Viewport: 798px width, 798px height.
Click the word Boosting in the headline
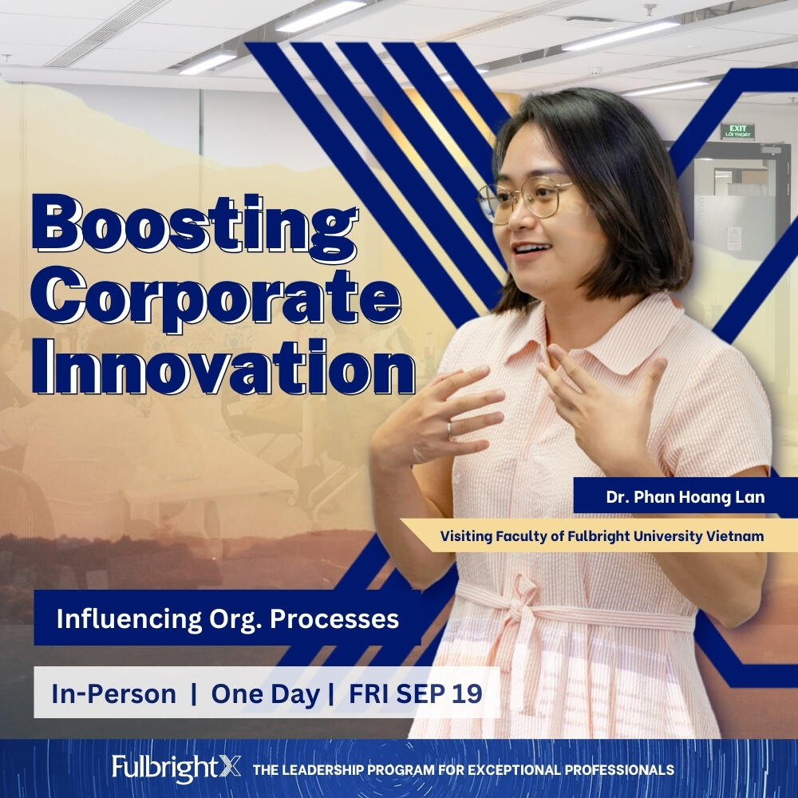pos(195,227)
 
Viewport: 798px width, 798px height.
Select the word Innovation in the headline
pos(223,367)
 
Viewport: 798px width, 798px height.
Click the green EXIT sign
pos(737,132)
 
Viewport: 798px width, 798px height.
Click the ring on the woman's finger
pos(450,429)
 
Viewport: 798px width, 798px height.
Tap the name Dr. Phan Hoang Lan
pos(685,496)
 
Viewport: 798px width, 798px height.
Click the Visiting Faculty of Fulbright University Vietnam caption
pos(602,536)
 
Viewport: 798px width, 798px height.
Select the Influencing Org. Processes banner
pos(227,618)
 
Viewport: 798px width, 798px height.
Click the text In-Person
pos(113,693)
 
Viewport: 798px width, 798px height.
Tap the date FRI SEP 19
pos(415,693)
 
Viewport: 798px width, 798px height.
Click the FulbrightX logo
pos(176,768)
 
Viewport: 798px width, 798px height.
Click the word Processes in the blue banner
pos(334,619)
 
